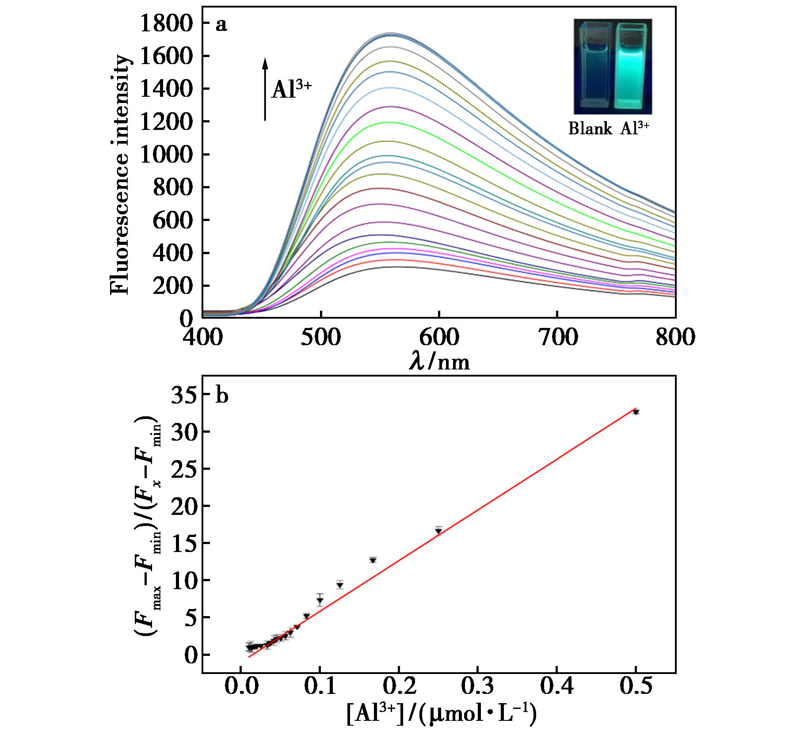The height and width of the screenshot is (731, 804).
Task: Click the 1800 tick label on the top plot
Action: pos(166,23)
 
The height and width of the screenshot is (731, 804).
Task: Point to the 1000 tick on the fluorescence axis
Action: pos(166,155)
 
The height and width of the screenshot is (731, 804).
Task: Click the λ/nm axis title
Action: pos(439,362)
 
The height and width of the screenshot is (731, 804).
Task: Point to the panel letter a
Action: pos(221,25)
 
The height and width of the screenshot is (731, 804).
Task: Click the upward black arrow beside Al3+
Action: pos(265,89)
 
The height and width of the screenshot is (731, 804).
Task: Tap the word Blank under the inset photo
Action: pos(590,129)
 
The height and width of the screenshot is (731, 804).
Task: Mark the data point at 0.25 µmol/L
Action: pos(438,531)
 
